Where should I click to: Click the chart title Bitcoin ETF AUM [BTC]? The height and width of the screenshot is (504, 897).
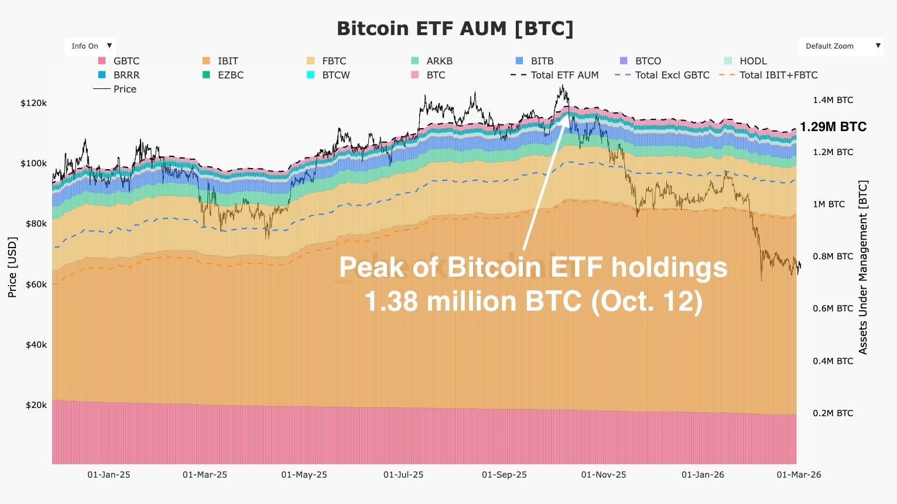pos(455,28)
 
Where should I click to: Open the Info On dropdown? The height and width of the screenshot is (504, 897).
pos(90,46)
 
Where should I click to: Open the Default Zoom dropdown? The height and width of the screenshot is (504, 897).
pos(840,46)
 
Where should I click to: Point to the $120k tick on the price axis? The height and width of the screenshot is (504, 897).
pos(33,103)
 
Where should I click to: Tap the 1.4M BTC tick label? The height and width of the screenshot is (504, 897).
pos(833,100)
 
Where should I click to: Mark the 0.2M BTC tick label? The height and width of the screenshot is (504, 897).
pos(833,413)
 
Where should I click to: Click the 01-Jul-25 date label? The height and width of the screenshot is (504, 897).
pos(403,475)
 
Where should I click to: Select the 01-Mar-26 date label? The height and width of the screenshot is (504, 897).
pos(799,475)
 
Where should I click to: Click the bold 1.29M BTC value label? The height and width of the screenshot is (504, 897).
pos(833,127)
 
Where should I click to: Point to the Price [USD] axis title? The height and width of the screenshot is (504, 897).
pos(12,267)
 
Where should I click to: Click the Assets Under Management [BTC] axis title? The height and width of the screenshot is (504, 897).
pos(863,267)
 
